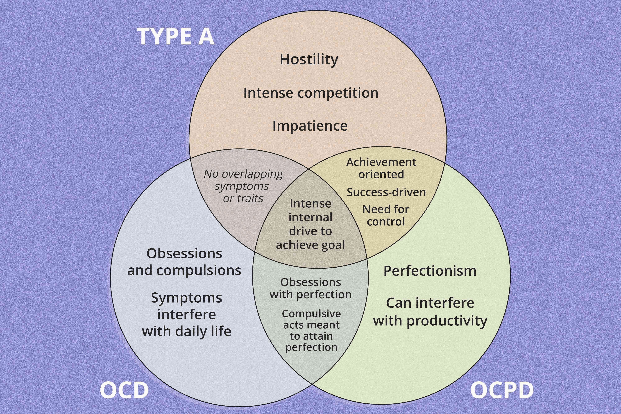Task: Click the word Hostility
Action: pyautogui.click(x=309, y=60)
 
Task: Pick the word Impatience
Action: pyautogui.click(x=310, y=126)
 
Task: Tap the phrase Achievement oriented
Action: pyautogui.click(x=381, y=168)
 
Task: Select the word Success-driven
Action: pyautogui.click(x=386, y=192)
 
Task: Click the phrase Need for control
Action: pyautogui.click(x=386, y=215)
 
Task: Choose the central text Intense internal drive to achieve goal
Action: pyautogui.click(x=310, y=224)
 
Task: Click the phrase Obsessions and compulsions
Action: pyautogui.click(x=184, y=262)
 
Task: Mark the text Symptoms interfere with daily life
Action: pyautogui.click(x=187, y=314)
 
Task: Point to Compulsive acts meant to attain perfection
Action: pyautogui.click(x=311, y=330)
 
